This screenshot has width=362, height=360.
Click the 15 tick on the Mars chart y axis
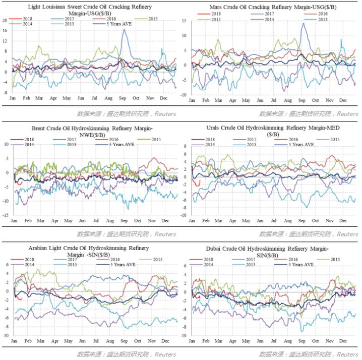tap(185, 21)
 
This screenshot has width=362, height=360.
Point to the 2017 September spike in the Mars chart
tap(303, 24)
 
